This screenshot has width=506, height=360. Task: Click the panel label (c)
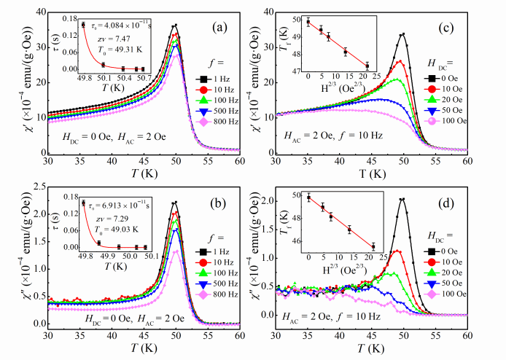(x=467, y=27)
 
